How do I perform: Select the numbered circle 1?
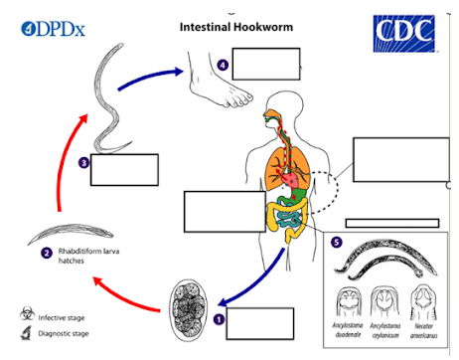coord(220,319)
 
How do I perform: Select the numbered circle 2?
coord(47,253)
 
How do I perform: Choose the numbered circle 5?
coord(338,242)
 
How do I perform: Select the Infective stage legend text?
coord(66,316)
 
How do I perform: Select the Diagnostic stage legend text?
coord(69,333)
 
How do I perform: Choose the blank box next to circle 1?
coord(262,324)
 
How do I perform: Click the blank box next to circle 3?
coord(124,170)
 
